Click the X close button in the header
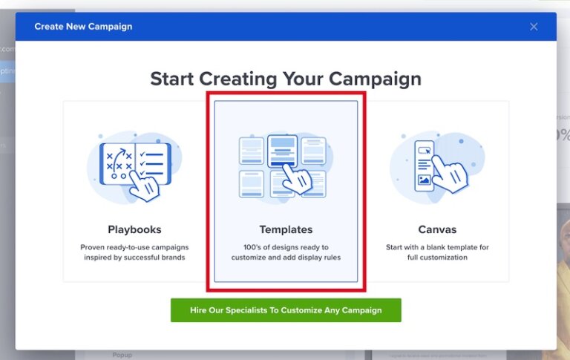[534, 27]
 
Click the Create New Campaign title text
[83, 27]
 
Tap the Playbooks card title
[134, 229]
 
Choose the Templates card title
[286, 229]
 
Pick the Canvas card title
[437, 229]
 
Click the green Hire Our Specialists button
[286, 310]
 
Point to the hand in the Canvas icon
[450, 174]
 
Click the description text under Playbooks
[134, 252]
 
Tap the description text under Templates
[286, 252]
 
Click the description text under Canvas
[437, 252]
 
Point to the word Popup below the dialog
[122, 355]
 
